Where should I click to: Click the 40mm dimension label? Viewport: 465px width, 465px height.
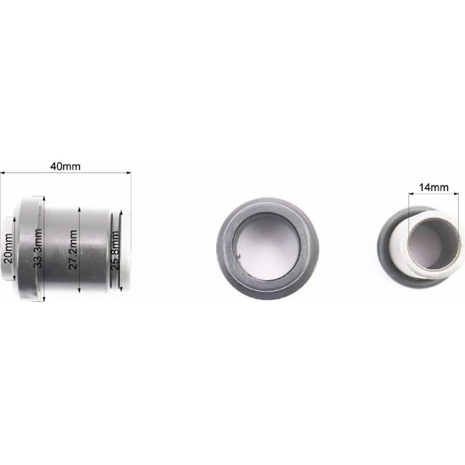click(65, 166)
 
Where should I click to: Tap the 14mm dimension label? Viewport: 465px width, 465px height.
click(433, 187)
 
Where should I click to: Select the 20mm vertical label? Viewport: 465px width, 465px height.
click(8, 248)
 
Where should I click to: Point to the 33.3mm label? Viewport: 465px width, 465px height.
click(38, 249)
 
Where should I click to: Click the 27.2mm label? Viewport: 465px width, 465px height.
click(73, 249)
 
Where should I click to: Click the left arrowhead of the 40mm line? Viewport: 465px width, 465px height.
click(3, 172)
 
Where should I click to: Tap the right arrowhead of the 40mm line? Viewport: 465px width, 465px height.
click(128, 172)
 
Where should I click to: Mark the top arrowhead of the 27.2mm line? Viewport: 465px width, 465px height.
click(79, 210)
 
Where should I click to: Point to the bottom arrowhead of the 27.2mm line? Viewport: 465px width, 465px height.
click(79, 289)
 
